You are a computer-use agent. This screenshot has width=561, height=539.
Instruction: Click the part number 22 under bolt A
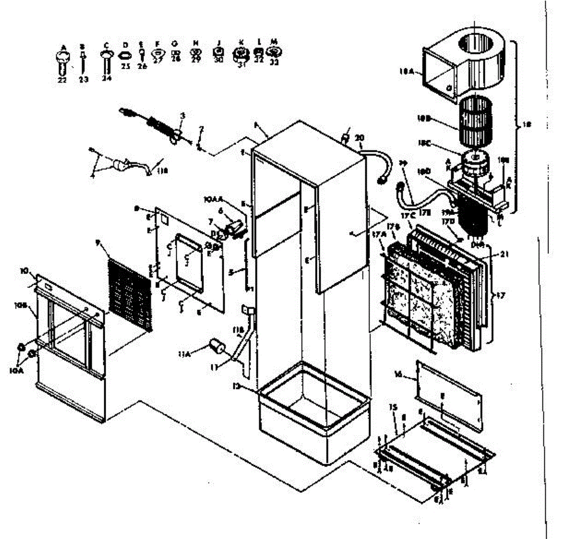62,80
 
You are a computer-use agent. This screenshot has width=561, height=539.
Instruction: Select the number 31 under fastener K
241,65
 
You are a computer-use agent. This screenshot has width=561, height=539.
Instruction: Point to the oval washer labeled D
125,55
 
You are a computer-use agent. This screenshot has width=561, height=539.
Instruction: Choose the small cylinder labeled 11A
216,346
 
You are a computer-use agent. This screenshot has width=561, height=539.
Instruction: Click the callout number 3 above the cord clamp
183,115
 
